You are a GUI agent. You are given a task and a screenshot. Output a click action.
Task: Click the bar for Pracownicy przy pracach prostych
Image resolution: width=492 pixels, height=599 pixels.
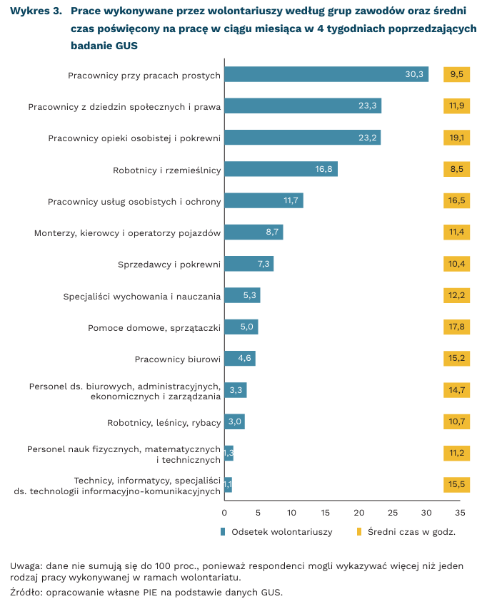pyautogui.click(x=326, y=74)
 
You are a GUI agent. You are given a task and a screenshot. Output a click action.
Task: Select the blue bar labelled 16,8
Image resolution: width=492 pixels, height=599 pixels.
pyautogui.click(x=281, y=169)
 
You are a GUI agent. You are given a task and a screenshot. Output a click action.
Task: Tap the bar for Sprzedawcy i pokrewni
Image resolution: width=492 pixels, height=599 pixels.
pyautogui.click(x=248, y=264)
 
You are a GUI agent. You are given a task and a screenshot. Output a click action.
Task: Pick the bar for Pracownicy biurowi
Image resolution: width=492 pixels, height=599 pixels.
pyautogui.click(x=239, y=359)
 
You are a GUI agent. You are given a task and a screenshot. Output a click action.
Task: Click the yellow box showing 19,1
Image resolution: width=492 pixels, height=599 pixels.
pyautogui.click(x=457, y=138)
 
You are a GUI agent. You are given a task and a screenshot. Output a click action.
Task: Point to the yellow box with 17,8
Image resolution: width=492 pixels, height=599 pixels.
pyautogui.click(x=457, y=327)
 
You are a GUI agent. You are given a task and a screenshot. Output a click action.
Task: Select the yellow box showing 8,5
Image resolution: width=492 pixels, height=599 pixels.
pyautogui.click(x=457, y=169)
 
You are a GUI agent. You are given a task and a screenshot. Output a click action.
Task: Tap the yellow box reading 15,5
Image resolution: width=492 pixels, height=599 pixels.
pyautogui.click(x=457, y=485)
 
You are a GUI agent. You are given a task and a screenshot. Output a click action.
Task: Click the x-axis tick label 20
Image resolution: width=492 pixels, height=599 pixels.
pyautogui.click(x=359, y=512)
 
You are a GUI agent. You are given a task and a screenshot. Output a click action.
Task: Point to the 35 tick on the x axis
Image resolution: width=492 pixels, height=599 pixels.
pyautogui.click(x=460, y=512)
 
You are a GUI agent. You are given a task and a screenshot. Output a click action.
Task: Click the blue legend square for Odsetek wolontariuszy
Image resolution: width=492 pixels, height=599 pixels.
pyautogui.click(x=224, y=532)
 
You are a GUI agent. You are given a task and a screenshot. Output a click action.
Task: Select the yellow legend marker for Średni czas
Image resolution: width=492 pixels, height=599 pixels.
pyautogui.click(x=359, y=532)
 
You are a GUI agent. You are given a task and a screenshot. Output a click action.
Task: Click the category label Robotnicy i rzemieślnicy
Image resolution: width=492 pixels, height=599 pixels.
pyautogui.click(x=167, y=170)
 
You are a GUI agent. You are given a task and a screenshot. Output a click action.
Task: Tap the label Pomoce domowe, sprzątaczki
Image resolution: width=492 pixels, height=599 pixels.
pyautogui.click(x=154, y=328)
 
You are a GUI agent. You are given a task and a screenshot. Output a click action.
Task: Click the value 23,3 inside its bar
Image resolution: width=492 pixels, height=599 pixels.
pyautogui.click(x=367, y=106)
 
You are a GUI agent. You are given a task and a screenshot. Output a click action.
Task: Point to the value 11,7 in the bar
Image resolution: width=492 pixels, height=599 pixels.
pyautogui.click(x=291, y=201)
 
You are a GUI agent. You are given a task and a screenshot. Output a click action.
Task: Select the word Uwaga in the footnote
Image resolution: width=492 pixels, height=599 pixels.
pyautogui.click(x=25, y=566)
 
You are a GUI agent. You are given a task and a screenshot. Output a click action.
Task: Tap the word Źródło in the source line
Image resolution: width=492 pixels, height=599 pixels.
pyautogui.click(x=26, y=592)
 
